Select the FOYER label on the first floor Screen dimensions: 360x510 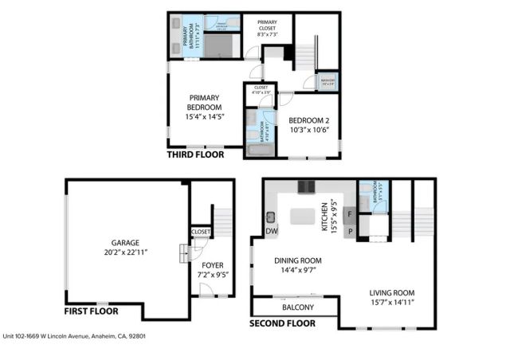click(212, 266)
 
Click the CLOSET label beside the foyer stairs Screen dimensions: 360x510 click(201, 232)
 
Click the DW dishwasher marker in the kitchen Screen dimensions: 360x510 click(271, 231)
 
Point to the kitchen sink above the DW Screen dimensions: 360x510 click(271, 216)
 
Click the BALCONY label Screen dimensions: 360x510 click(298, 307)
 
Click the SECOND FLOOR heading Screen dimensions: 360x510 click(282, 323)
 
